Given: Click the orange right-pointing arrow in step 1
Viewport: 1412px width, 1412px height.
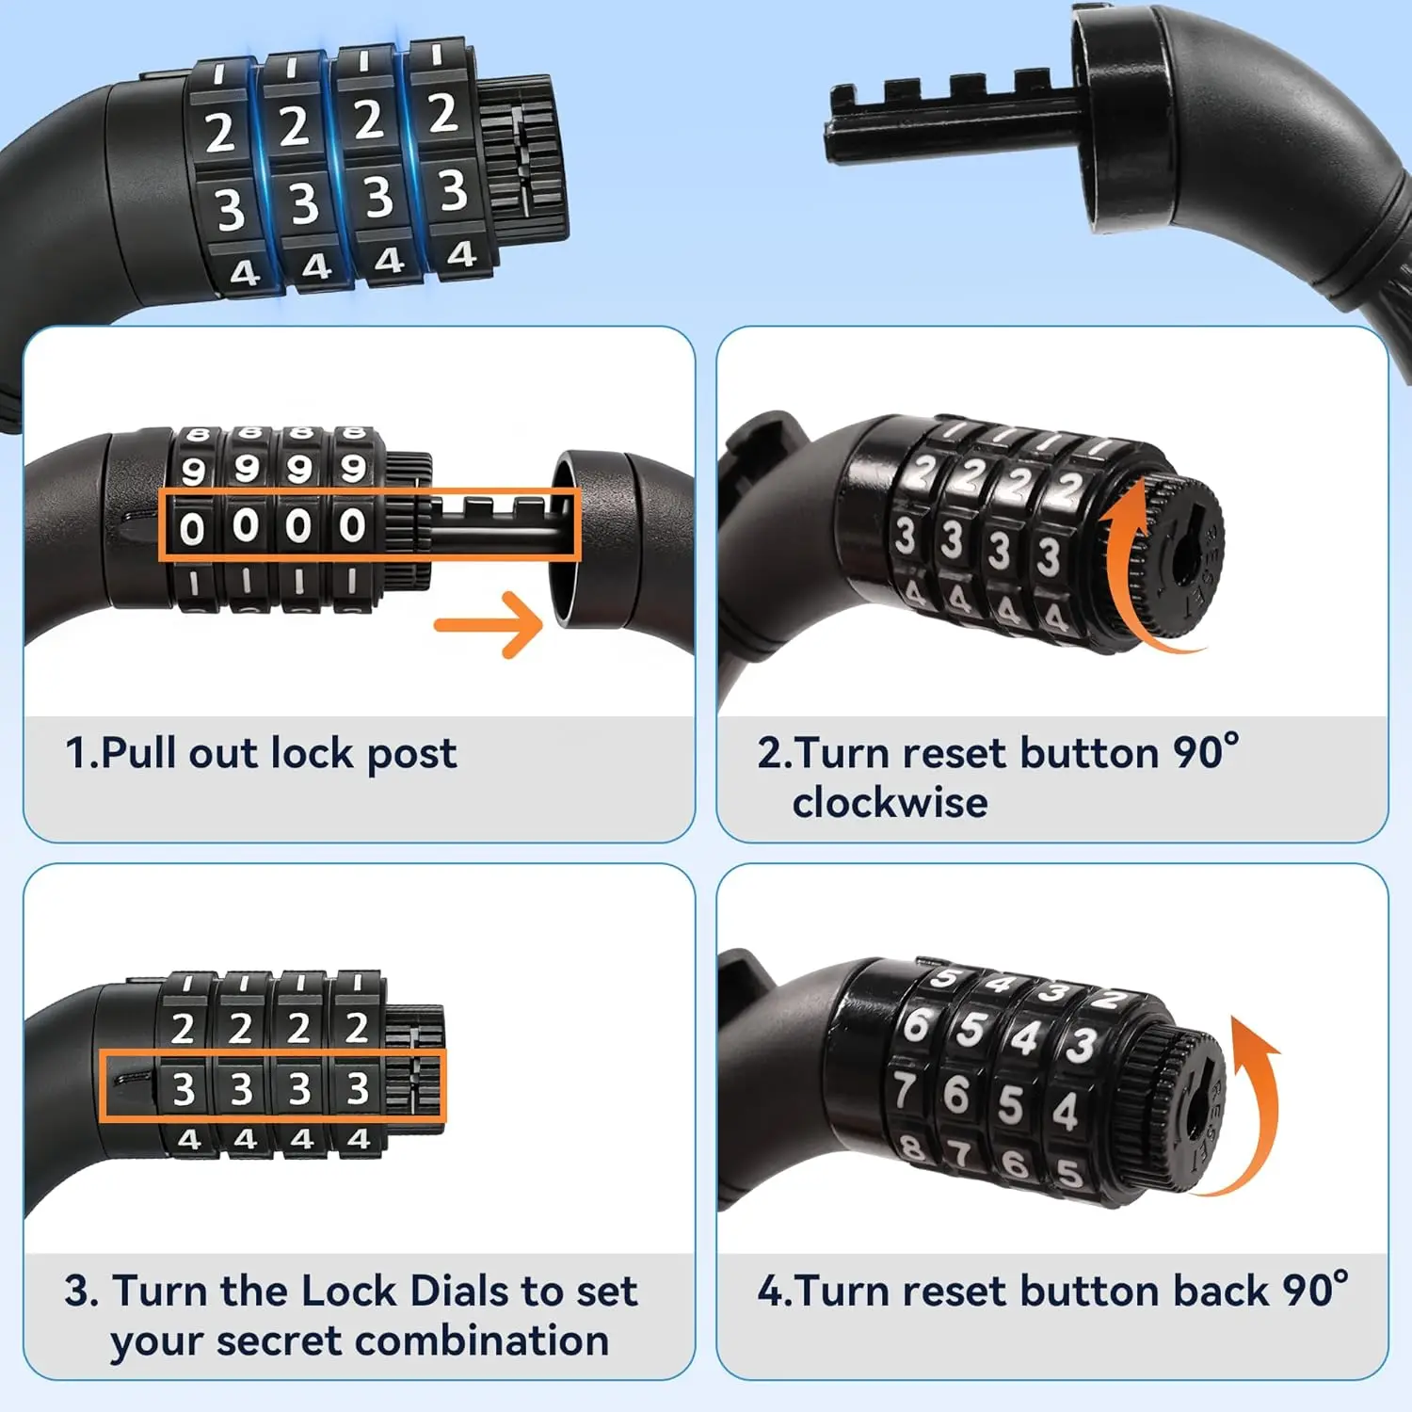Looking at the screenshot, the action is tap(489, 624).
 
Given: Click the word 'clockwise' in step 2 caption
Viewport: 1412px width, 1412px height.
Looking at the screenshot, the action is tap(890, 803).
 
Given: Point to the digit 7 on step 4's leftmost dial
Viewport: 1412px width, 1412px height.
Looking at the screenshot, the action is tap(905, 1090).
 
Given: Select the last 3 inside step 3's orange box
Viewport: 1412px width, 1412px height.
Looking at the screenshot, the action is tap(357, 1088).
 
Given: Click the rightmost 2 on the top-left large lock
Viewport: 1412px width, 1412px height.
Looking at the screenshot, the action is tap(442, 113).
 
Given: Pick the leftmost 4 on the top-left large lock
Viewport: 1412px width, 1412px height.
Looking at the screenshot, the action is tap(244, 273).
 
